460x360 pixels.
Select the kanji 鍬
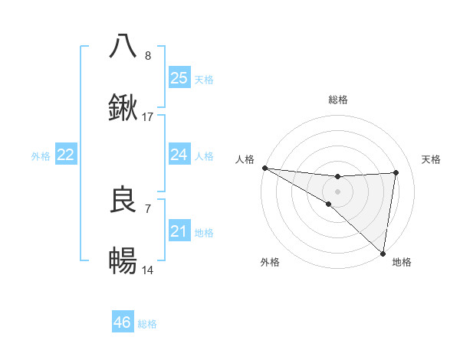click(x=123, y=108)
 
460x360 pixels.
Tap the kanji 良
click(x=123, y=200)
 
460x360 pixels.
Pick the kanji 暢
click(x=123, y=262)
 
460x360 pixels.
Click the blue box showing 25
click(x=179, y=78)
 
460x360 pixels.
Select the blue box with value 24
click(x=179, y=155)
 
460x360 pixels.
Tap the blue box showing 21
click(x=179, y=231)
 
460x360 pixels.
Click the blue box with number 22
click(x=66, y=155)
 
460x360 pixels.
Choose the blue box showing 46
click(x=123, y=322)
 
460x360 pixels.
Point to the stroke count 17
click(x=148, y=117)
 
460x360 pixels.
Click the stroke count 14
click(x=148, y=270)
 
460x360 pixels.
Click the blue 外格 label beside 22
click(x=41, y=155)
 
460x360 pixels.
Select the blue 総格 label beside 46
click(x=147, y=324)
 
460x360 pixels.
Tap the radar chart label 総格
click(x=338, y=100)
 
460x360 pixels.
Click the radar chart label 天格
click(x=432, y=159)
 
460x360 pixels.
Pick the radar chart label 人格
click(x=245, y=159)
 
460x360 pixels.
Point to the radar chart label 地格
click(x=402, y=262)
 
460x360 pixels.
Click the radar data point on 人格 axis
click(x=264, y=168)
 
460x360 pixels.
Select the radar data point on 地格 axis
click(x=383, y=253)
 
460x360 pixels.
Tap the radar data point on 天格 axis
click(x=396, y=172)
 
